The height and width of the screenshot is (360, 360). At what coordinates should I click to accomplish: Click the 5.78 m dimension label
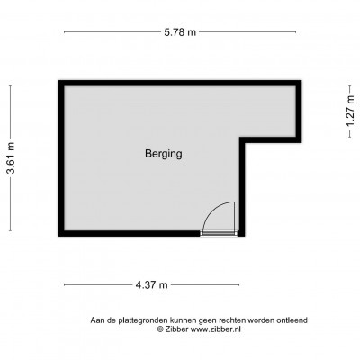180,32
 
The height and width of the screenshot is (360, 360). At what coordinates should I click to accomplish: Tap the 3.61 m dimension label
11,158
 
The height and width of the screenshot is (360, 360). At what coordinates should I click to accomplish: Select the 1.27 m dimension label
350,112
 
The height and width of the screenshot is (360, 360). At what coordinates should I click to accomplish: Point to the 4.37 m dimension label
151,284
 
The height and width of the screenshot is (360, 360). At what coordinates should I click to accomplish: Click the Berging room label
164,154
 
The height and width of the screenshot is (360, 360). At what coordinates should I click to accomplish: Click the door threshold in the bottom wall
219,233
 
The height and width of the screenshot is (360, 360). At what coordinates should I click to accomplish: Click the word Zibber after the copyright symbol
177,329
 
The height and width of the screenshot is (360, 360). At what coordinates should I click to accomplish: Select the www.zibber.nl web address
216,329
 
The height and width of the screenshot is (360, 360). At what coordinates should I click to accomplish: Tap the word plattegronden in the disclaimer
143,320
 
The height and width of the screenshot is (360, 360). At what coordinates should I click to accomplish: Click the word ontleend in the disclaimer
293,320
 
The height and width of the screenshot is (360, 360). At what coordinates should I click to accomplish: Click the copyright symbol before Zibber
161,329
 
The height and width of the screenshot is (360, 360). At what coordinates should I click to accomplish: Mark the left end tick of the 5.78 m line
65,32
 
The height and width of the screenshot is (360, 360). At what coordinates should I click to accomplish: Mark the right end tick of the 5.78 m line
296,32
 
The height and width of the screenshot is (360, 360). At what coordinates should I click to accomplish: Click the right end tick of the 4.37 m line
239,284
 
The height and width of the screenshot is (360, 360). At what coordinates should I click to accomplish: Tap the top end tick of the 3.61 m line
11,86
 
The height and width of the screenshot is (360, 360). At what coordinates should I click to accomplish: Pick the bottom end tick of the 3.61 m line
11,230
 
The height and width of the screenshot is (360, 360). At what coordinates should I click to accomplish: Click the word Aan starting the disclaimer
97,320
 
